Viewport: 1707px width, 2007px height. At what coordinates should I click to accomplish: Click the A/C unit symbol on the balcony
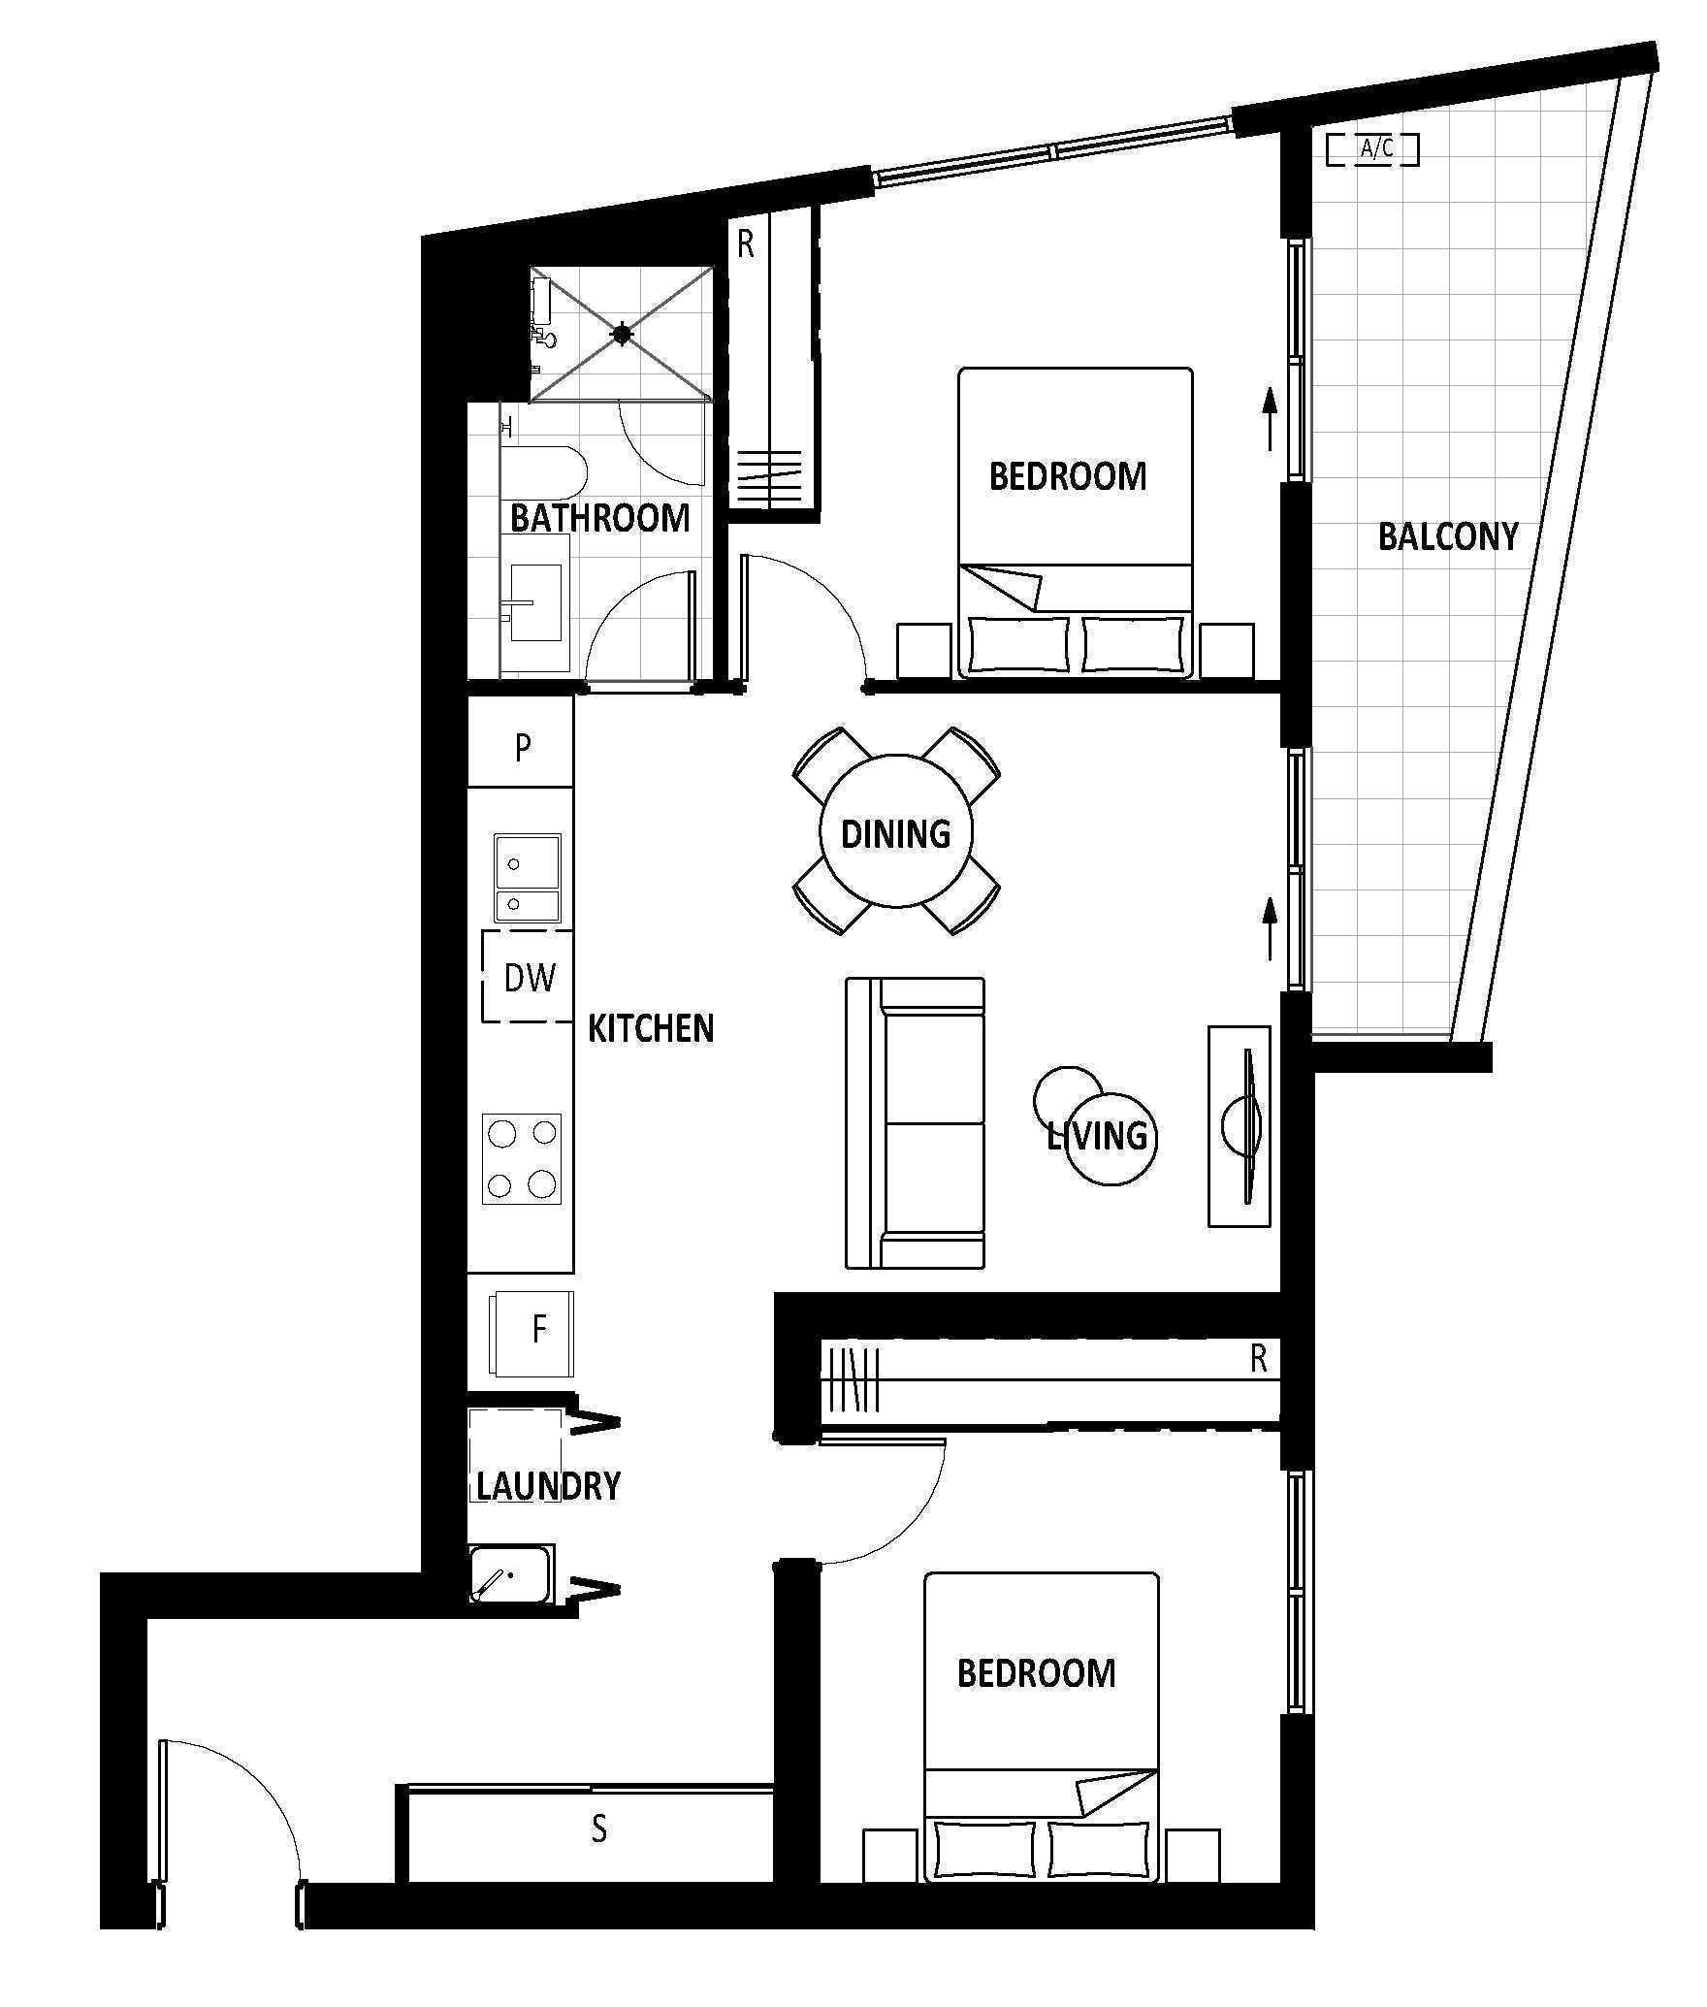(x=1372, y=149)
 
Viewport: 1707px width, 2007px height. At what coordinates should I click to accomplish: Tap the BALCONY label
(x=1448, y=536)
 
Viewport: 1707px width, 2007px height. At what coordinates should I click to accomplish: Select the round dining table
(x=896, y=831)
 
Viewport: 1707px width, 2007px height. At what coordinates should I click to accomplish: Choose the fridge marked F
(x=531, y=1333)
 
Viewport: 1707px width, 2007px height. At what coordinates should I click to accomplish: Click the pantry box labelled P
(x=521, y=746)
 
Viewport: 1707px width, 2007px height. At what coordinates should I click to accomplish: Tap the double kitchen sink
(x=528, y=877)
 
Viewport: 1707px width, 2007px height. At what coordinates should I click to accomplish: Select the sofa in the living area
(x=915, y=1122)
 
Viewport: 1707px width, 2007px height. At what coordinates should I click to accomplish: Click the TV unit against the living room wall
(x=1239, y=1125)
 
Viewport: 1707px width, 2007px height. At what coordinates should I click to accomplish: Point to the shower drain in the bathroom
(x=622, y=335)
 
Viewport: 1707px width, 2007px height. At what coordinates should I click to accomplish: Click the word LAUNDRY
(x=548, y=1486)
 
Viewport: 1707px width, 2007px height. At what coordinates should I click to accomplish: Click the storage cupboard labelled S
(x=590, y=1829)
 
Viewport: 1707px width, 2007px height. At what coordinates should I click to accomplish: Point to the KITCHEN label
(x=651, y=1028)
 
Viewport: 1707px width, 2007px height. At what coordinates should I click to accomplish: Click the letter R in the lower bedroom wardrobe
(x=1259, y=1359)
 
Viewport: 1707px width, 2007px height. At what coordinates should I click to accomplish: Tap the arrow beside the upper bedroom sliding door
(x=1269, y=418)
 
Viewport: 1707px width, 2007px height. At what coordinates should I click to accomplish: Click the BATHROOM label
(x=599, y=518)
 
